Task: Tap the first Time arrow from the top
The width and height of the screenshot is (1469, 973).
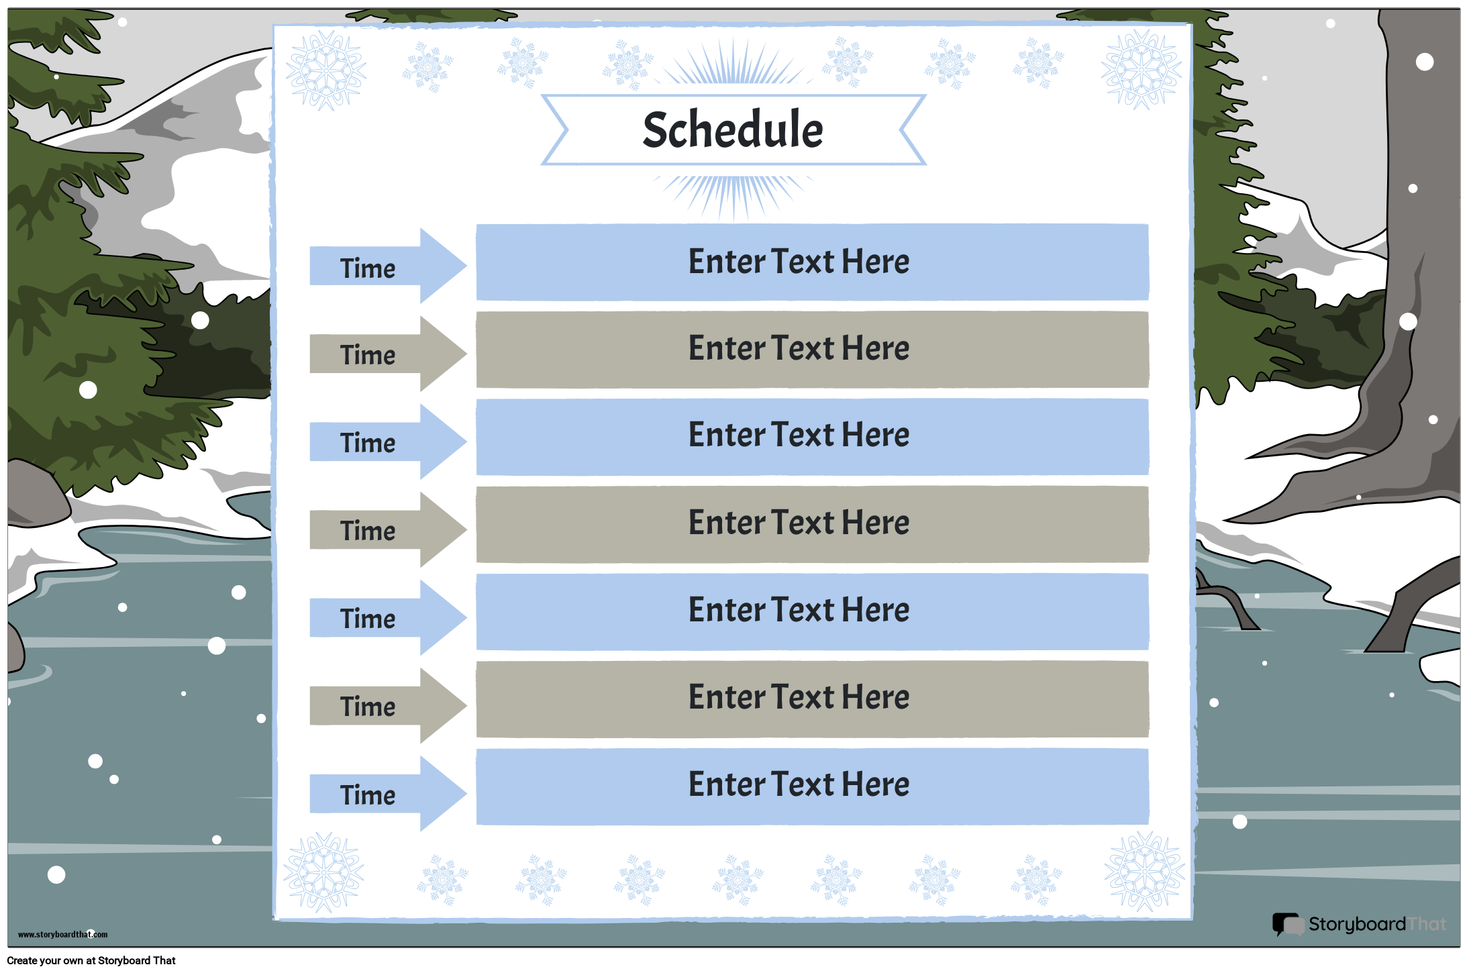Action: point(388,266)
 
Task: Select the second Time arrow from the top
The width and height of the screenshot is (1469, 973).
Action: point(388,354)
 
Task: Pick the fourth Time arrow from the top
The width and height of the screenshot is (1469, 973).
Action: point(388,529)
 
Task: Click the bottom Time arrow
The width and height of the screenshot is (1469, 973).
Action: point(388,794)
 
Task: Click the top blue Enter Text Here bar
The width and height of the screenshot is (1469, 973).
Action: point(812,262)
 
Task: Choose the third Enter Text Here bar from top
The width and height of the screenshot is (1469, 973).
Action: point(812,437)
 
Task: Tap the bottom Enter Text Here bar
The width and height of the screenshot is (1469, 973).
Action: point(812,786)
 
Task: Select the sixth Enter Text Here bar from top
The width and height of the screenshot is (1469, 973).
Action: point(812,699)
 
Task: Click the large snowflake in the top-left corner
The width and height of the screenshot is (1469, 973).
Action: point(326,70)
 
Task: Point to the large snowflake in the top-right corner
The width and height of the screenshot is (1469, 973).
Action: point(1142,70)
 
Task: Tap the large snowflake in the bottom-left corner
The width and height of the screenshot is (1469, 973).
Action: point(324,872)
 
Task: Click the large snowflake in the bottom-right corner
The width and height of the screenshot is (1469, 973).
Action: point(1145,872)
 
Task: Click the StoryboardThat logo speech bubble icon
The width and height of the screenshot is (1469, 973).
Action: point(1288,924)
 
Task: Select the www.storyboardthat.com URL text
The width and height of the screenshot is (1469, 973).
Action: point(62,934)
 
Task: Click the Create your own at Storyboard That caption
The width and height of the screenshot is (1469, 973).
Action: point(91,960)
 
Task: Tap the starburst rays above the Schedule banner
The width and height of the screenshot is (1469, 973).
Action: point(733,64)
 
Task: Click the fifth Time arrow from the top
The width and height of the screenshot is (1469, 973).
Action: point(388,617)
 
